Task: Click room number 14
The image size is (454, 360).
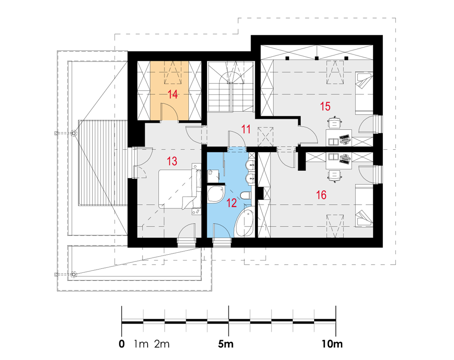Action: [173, 94]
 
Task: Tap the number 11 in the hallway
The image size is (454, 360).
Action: [246, 129]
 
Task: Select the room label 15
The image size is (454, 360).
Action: [325, 106]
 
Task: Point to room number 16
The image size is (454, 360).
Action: [321, 195]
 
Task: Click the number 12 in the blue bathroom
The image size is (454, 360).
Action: [232, 203]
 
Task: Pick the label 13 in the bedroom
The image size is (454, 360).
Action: [172, 161]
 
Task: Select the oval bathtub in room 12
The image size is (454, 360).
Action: [244, 222]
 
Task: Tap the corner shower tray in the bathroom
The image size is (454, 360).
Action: [216, 194]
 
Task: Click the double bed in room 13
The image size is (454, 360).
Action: [180, 189]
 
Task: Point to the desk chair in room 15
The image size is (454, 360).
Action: [335, 123]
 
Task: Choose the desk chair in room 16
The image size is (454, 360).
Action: [335, 176]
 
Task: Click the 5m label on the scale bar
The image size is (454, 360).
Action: [226, 344]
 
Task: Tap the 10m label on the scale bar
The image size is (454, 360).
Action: [332, 344]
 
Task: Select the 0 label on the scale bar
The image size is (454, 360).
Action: [122, 344]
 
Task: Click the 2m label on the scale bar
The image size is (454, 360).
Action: [162, 344]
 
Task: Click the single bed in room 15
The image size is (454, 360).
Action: [364, 93]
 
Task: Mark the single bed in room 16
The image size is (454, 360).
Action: [364, 206]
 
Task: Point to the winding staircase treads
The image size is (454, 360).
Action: [231, 86]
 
